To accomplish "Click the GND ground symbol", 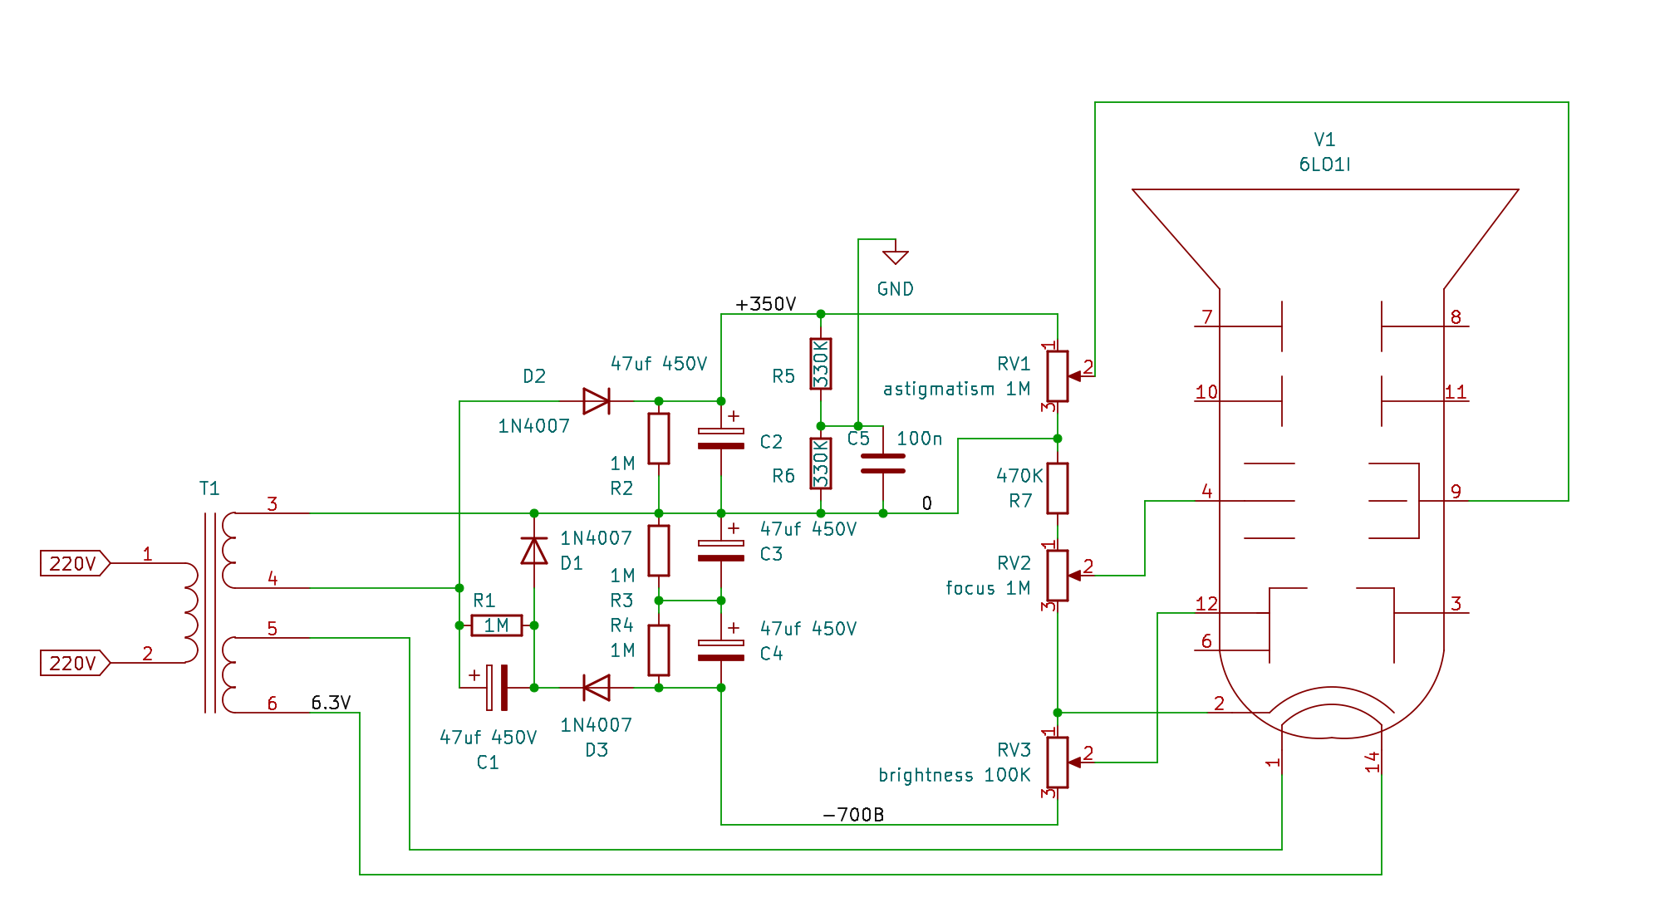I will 895,257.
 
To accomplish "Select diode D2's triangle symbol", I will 596,401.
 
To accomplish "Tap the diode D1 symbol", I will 534,550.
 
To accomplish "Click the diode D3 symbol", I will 596,688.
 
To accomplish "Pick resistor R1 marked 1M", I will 497,625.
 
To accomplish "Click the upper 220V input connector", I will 74,563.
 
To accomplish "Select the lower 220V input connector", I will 74,663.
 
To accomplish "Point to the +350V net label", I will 765,304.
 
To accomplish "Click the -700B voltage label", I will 853,815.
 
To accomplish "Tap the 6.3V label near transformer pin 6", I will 331,703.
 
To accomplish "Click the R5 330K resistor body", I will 821,364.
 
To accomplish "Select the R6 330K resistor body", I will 821,463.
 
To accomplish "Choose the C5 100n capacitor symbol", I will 882,463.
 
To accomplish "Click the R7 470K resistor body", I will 1057,488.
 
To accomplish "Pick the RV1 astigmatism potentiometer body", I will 1057,376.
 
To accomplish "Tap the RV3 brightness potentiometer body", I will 1057,762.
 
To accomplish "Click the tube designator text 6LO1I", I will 1324,164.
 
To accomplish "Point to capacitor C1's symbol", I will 497,688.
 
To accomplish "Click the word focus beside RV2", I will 970,588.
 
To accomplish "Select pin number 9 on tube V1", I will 1456,491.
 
